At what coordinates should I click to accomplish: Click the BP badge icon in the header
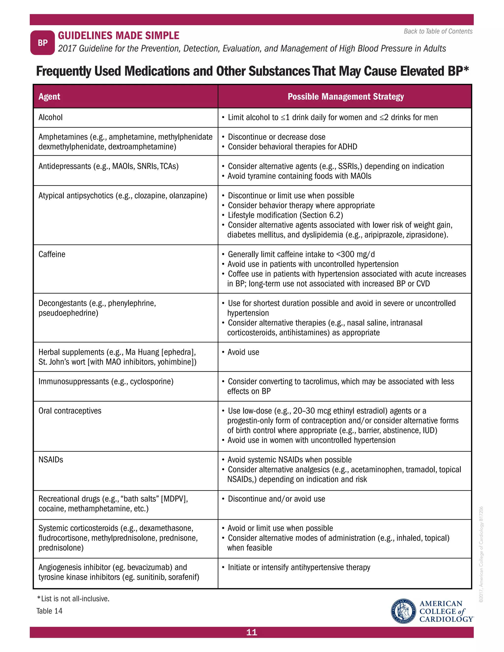tap(42, 43)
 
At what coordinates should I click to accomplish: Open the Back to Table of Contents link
tap(438, 31)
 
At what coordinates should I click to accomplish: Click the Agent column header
tap(49, 96)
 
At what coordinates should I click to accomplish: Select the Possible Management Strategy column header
tap(346, 96)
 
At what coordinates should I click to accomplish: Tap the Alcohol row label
tap(50, 117)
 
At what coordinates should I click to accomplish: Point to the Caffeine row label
tap(52, 254)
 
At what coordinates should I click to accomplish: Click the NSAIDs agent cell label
tap(51, 459)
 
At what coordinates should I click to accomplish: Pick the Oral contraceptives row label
tap(70, 411)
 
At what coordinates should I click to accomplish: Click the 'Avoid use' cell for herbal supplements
tap(243, 352)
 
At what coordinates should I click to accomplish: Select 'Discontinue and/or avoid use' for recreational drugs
tap(276, 499)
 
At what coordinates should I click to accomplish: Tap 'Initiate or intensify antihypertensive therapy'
tap(299, 567)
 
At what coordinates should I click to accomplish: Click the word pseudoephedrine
tap(68, 313)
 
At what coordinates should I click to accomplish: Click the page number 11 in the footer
tap(252, 632)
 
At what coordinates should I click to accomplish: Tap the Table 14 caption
tap(49, 611)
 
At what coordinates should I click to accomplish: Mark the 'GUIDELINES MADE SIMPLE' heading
tap(119, 35)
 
